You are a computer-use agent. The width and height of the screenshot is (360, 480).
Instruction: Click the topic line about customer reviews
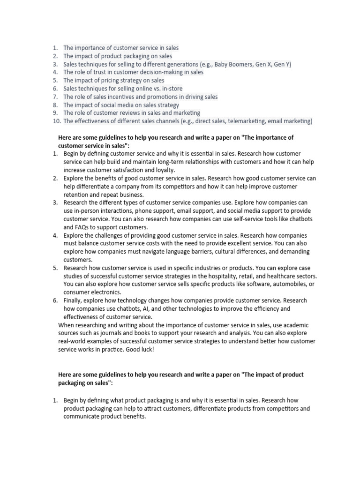coord(132,113)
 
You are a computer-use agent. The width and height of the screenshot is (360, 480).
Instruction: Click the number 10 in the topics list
coord(56,121)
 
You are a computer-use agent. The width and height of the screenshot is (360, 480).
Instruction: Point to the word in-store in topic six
coord(172,89)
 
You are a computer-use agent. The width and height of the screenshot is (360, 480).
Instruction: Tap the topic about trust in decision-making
coord(133,72)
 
